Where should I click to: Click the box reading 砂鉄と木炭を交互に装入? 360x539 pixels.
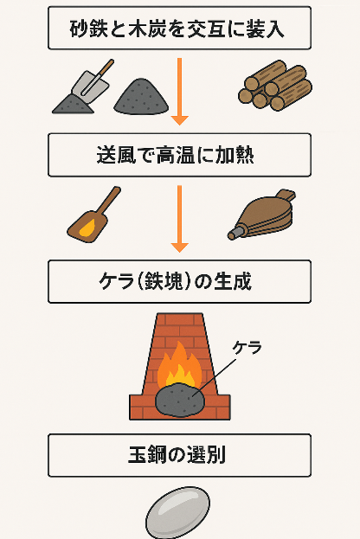pyautogui.click(x=179, y=28)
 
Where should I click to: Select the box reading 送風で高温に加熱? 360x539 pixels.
pyautogui.click(x=179, y=155)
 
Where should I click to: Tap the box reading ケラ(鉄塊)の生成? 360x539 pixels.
pyautogui.click(x=179, y=281)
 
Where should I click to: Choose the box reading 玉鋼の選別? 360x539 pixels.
pyautogui.click(x=179, y=455)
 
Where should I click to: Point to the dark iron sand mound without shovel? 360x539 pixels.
pyautogui.click(x=141, y=97)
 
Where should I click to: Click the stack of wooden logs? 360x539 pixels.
pyautogui.click(x=275, y=86)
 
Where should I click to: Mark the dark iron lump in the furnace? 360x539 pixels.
pyautogui.click(x=180, y=401)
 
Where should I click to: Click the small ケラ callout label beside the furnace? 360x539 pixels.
pyautogui.click(x=247, y=348)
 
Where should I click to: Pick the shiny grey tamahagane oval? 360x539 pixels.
pyautogui.click(x=177, y=512)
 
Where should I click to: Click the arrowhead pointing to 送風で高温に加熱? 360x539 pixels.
pyautogui.click(x=179, y=120)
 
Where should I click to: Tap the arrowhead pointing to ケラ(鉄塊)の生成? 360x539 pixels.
pyautogui.click(x=179, y=247)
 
